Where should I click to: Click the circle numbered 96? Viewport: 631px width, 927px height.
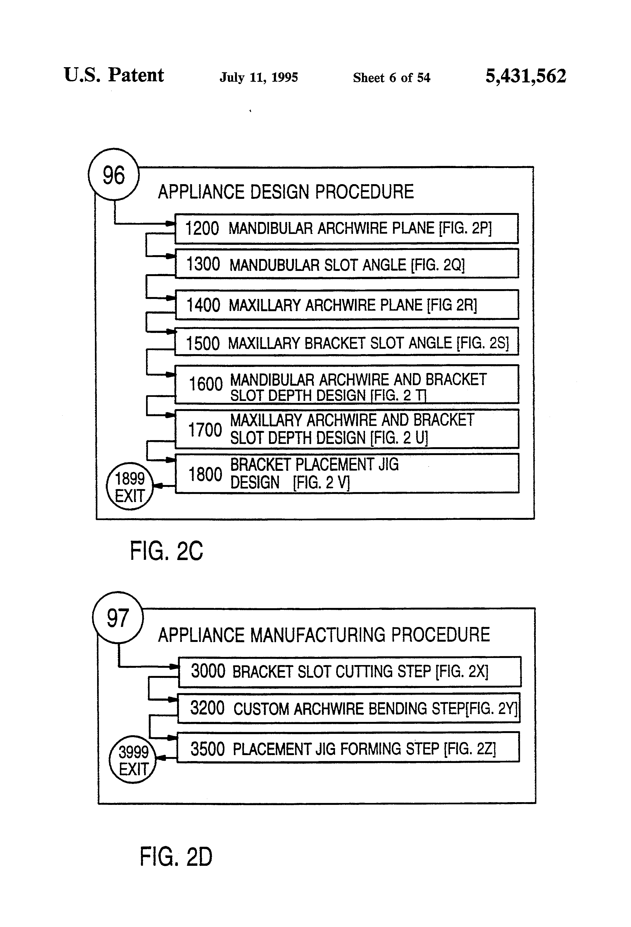[114, 174]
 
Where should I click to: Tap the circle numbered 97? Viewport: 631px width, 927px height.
[118, 617]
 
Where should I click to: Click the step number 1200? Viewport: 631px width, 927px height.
[202, 228]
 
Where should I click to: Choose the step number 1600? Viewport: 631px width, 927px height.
[205, 384]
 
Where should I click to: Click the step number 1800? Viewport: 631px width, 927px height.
[205, 474]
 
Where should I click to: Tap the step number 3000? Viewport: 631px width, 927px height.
[208, 671]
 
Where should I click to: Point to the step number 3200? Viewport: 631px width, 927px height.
[208, 708]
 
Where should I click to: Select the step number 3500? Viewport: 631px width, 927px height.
[208, 749]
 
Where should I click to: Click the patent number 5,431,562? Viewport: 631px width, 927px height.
[526, 76]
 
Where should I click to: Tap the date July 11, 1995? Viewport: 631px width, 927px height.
[258, 77]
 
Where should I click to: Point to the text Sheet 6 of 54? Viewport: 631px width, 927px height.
[392, 77]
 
